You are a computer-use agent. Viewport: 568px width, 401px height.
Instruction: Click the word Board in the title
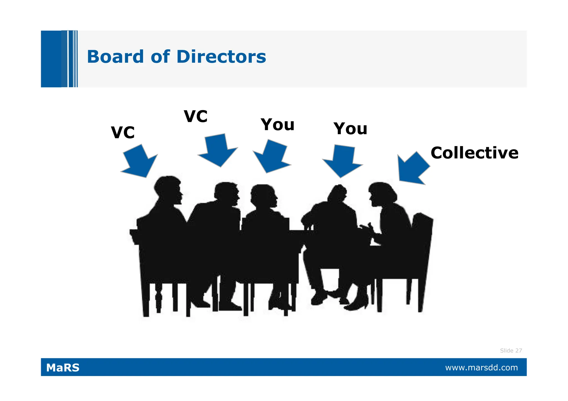(115, 57)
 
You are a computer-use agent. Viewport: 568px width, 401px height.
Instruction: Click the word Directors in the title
(221, 57)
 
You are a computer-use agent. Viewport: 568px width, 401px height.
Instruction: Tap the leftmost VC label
(123, 132)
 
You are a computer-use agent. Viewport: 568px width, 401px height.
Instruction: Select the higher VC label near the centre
(196, 116)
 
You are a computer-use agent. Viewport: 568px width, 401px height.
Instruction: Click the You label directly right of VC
(277, 125)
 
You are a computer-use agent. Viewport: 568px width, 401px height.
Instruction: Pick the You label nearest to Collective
(350, 129)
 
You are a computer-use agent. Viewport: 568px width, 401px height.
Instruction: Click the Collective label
(474, 153)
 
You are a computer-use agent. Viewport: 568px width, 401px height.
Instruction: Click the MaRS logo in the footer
(63, 368)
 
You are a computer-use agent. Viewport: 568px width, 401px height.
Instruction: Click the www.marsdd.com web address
(481, 368)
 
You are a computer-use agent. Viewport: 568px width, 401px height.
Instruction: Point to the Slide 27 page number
(511, 351)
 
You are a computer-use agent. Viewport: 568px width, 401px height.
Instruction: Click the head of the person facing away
(338, 193)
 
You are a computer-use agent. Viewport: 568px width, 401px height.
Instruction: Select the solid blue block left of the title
(51, 59)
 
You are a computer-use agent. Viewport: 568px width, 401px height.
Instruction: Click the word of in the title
(160, 57)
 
